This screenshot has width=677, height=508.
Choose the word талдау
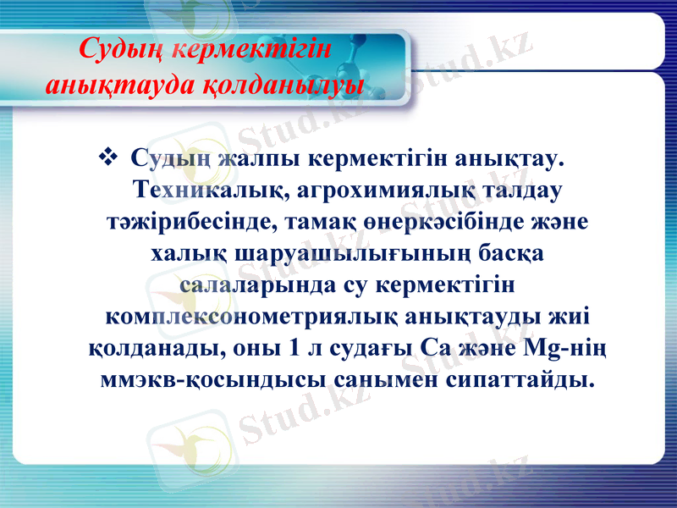[515, 190]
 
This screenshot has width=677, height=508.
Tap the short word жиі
[570, 317]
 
